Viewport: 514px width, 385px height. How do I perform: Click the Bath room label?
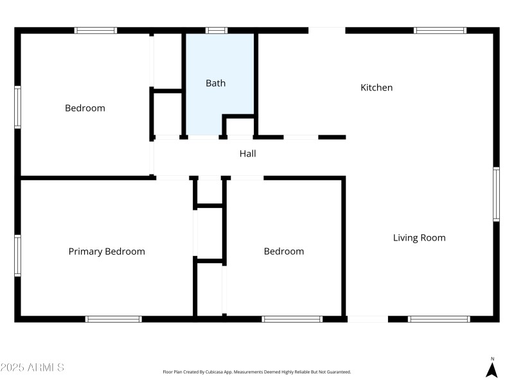click(215, 83)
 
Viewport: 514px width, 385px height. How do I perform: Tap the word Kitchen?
click(377, 87)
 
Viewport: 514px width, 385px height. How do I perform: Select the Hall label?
click(247, 153)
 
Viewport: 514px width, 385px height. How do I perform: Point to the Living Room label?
click(419, 237)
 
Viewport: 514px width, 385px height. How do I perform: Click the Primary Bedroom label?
click(107, 252)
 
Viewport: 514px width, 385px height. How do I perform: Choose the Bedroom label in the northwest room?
click(85, 108)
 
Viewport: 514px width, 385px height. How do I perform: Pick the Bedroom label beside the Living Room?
click(284, 252)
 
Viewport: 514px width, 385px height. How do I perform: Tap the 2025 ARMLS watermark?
click(32, 368)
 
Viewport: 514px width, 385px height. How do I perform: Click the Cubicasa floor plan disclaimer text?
click(257, 372)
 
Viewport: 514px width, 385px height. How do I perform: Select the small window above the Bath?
click(217, 30)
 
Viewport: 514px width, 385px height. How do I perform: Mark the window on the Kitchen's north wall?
click(439, 30)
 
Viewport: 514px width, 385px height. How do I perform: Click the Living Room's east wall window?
click(496, 194)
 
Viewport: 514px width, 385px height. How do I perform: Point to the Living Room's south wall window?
click(439, 319)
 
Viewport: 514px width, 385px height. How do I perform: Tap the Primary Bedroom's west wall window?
click(18, 255)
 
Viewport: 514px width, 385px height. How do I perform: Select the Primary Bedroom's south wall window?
click(114, 319)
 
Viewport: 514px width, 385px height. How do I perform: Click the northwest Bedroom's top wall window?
click(96, 30)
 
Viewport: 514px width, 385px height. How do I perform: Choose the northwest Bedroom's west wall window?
click(18, 108)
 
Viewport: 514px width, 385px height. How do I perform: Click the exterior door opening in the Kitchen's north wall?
click(327, 30)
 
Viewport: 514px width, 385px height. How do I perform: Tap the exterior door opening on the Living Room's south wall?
click(367, 319)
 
